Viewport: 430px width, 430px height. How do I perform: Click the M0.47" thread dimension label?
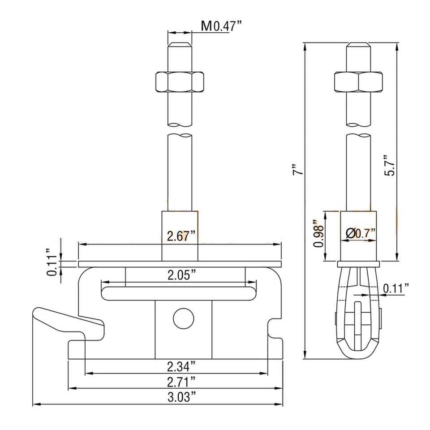point(222,26)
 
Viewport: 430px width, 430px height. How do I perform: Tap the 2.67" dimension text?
point(181,236)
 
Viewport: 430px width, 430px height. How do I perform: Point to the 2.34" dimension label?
point(181,366)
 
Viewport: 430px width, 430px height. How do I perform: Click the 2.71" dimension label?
point(181,382)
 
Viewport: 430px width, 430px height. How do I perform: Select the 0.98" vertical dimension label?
point(318,233)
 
